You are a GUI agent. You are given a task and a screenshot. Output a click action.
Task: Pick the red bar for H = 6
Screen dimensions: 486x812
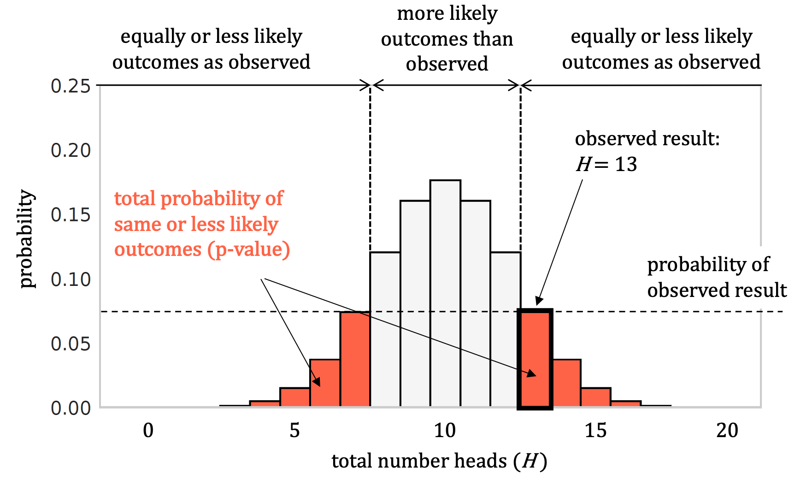325,383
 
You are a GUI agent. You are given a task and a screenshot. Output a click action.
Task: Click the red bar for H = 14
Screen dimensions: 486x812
566,383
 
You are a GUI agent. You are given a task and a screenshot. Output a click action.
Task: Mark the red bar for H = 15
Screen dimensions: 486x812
595,397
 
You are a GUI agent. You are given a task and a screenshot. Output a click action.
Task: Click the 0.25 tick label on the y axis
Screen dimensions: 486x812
71,86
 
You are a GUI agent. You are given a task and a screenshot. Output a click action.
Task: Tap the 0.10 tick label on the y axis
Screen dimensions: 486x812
71,279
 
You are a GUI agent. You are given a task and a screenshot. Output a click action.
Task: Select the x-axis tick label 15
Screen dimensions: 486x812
595,431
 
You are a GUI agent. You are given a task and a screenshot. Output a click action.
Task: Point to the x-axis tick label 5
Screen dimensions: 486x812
294,431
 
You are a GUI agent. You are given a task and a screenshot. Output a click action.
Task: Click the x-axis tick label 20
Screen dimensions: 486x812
727,431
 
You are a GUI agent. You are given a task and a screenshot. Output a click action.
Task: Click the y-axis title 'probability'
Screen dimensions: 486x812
27,239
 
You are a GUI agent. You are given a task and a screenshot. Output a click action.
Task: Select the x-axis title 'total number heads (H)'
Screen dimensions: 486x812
439,461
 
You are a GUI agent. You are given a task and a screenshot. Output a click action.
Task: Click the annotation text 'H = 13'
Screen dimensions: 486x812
606,164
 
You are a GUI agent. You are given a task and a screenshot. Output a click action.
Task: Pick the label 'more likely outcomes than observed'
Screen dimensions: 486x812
447,39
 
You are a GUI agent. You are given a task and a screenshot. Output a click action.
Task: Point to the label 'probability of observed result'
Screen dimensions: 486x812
717,277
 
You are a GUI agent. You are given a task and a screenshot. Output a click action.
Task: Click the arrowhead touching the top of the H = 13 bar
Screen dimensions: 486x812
539,301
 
